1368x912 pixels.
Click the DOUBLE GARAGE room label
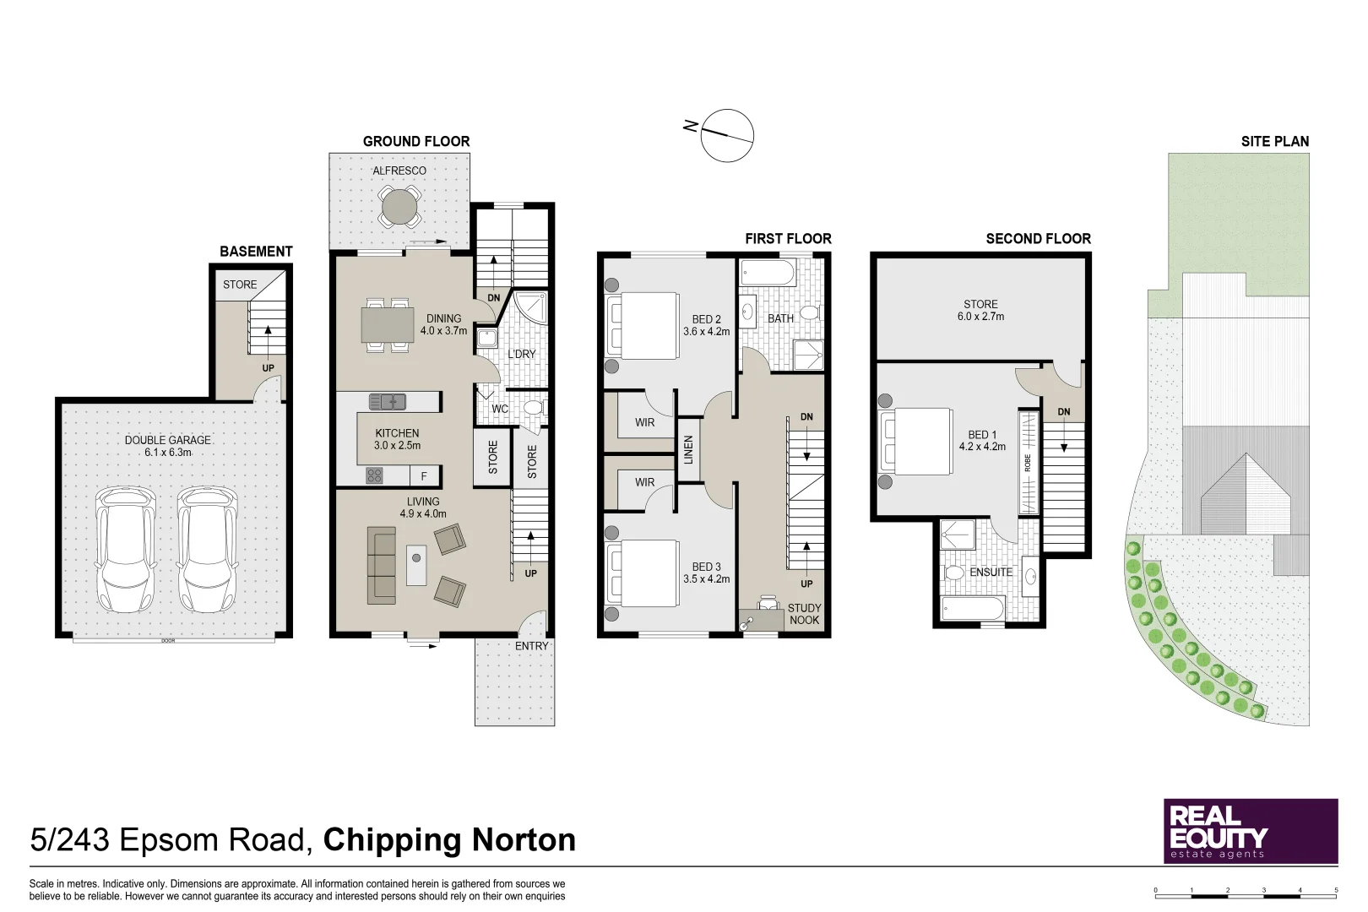(168, 446)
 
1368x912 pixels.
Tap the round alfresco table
(399, 208)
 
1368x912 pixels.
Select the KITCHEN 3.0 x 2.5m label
(397, 439)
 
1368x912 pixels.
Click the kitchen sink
(388, 401)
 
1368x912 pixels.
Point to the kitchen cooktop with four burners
(374, 475)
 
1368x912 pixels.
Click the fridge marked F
(423, 476)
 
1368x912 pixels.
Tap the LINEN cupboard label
(689, 449)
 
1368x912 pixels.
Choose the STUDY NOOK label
(804, 614)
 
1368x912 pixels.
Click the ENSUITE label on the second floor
(991, 573)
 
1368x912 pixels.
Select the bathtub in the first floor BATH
(768, 273)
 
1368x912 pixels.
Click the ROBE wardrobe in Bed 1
(1029, 463)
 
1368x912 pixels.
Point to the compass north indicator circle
(727, 136)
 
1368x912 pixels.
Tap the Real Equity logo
(1251, 831)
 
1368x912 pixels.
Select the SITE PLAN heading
(1275, 142)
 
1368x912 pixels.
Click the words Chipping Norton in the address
(449, 839)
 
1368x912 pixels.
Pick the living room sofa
(381, 565)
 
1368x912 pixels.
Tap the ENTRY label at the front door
(532, 646)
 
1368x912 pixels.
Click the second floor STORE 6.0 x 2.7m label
(980, 310)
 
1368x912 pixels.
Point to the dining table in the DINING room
(388, 325)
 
